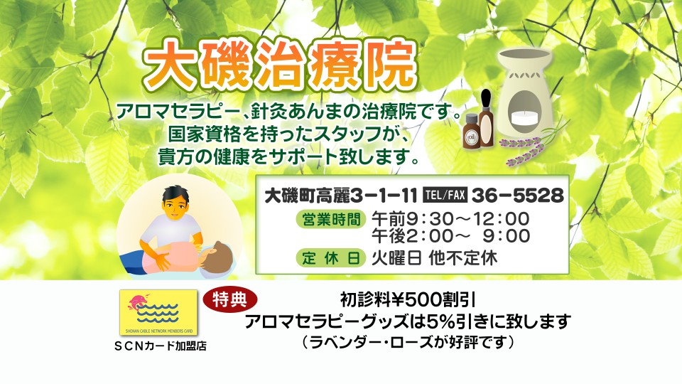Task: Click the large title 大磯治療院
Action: coord(281,66)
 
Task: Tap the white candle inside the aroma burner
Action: coord(524,117)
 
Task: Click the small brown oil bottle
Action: coord(471,132)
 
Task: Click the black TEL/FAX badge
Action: coord(445,195)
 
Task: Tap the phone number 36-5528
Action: coord(518,196)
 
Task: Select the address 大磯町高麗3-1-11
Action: coord(341,196)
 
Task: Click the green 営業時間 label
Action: coord(330,219)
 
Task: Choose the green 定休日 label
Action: coord(330,257)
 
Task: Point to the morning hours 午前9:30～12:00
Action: coord(450,218)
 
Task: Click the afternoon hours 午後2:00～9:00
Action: coord(450,236)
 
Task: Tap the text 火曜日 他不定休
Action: coord(434,258)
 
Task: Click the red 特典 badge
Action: coord(229,299)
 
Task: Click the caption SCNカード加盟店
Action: coord(160,346)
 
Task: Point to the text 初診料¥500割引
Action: coord(407,300)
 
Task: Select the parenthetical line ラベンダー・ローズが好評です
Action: coord(408,342)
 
